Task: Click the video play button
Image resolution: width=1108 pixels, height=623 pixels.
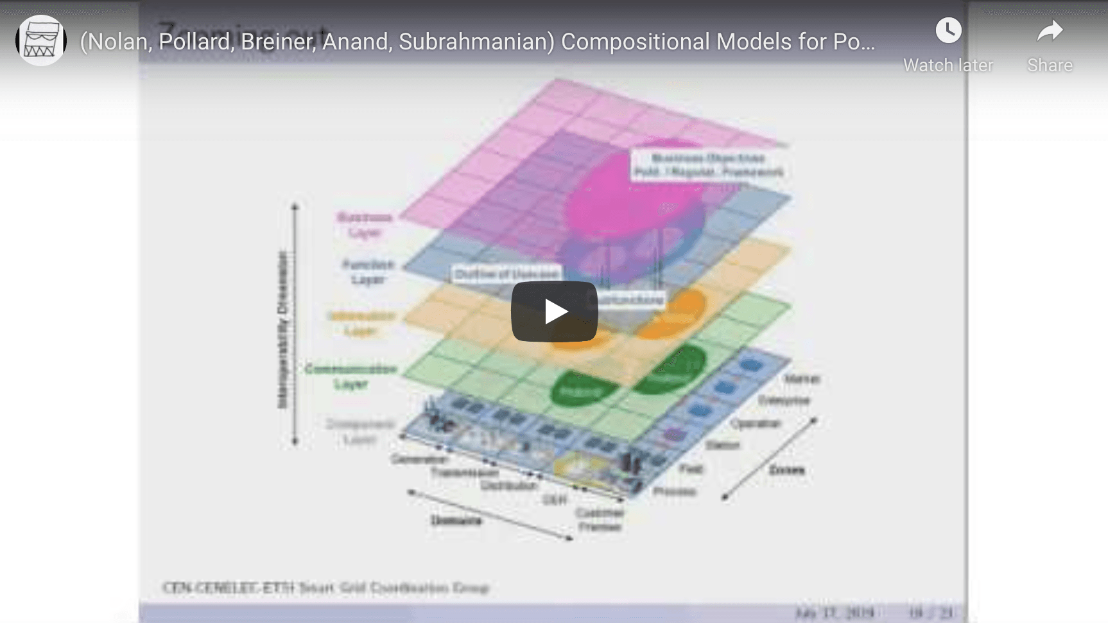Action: coord(554,311)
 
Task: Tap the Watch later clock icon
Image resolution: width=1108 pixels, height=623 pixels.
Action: coord(948,31)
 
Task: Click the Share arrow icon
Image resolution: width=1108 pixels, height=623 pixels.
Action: coord(1050,31)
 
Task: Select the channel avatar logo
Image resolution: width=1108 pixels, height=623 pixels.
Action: coord(41,40)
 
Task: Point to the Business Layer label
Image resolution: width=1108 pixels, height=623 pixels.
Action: coord(365,225)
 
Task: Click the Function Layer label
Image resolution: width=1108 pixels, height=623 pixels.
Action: coord(368,272)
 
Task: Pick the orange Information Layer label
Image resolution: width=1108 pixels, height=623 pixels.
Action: coord(361,323)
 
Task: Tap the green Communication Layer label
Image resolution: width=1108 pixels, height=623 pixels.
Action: coord(351,376)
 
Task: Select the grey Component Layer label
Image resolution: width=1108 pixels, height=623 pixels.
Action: coord(359,432)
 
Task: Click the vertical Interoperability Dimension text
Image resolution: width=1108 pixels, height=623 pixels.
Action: coord(283,329)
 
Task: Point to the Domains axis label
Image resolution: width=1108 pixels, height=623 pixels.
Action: coord(456,520)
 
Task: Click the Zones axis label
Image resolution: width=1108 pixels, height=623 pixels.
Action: coord(786,470)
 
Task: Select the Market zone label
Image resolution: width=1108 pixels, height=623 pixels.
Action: coord(802,379)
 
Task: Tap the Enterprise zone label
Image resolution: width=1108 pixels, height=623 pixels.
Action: coord(784,400)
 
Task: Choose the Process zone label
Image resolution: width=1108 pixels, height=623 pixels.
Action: coord(675,491)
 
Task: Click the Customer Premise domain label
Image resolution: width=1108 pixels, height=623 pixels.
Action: coord(600,520)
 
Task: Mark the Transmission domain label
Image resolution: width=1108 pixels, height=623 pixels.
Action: coord(464,472)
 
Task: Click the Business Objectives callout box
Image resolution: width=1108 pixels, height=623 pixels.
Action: coord(708,165)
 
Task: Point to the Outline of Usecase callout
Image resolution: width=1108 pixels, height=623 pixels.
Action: coord(506,274)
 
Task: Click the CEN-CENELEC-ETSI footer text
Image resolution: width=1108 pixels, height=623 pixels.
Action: coord(325,588)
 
